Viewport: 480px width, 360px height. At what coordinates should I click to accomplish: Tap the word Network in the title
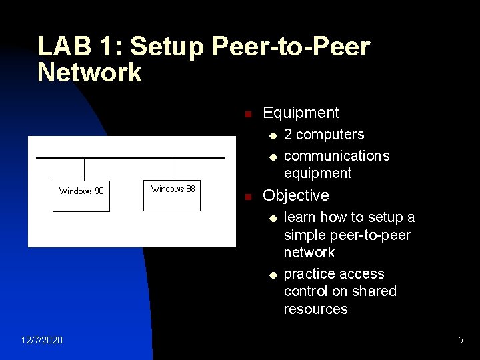tap(89, 72)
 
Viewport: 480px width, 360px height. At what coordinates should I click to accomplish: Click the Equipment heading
tap(301, 113)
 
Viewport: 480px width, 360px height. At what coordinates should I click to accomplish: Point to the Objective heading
tap(296, 195)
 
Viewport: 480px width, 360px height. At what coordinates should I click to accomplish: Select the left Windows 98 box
tap(81, 195)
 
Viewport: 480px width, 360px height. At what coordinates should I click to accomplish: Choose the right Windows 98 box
tap(173, 195)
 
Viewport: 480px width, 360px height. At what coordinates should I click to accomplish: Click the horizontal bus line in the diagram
tap(130, 158)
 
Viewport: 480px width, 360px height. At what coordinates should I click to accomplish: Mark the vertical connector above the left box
tap(85, 169)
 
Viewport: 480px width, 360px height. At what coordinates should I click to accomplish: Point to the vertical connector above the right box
tap(175, 169)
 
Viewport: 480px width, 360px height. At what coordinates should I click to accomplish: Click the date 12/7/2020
tap(42, 341)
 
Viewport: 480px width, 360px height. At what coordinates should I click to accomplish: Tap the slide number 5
tap(460, 341)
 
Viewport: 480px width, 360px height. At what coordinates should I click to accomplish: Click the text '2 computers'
tap(324, 135)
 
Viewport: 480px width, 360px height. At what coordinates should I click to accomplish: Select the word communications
tap(337, 156)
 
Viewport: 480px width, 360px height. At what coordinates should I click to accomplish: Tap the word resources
tap(315, 309)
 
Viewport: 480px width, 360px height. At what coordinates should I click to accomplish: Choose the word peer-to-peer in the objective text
tap(381, 235)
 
